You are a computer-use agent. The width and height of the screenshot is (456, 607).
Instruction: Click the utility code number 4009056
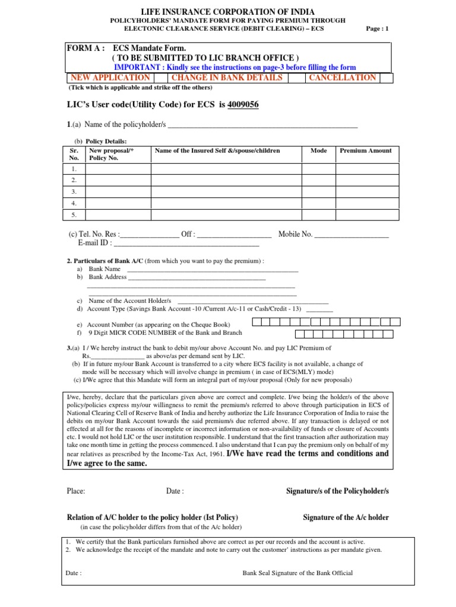[x=243, y=105]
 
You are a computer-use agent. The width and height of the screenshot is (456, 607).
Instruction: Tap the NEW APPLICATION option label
[x=110, y=78]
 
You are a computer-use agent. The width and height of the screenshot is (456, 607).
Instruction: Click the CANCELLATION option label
[x=342, y=78]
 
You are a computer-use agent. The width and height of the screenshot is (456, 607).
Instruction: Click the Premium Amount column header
[x=365, y=151]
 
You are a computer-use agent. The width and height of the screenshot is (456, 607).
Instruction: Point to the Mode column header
[x=318, y=151]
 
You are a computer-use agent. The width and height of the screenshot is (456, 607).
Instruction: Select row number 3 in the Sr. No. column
[x=74, y=191]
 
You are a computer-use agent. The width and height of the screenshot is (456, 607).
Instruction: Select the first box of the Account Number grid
[x=257, y=322]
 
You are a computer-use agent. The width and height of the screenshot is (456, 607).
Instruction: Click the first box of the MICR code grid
[x=257, y=334]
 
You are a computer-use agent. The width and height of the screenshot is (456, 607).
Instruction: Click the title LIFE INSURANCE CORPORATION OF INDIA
[x=227, y=11]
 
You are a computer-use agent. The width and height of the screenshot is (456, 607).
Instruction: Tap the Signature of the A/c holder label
[x=346, y=517]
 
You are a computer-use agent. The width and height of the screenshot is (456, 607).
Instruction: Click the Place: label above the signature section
[x=77, y=491]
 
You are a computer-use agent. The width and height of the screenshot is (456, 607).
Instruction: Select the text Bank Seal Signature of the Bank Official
[x=297, y=573]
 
